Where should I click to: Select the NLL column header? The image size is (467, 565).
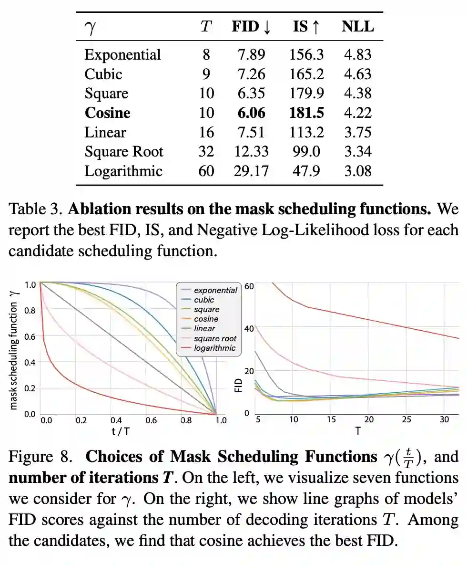pos(358,27)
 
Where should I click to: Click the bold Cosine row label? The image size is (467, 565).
pos(107,113)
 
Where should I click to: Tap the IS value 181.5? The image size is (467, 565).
pos(306,113)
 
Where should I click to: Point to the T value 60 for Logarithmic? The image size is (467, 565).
pos(206,171)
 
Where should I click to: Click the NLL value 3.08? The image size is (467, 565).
pos(358,171)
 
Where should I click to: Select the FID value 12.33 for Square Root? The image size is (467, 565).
pos(251,152)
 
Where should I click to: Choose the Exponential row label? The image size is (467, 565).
pos(122,55)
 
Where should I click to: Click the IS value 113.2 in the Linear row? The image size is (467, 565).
pos(306,132)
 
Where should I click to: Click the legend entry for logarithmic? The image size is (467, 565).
pos(214,348)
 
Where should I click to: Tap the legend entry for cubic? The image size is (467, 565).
pos(204,300)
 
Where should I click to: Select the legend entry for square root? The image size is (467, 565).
pos(215,338)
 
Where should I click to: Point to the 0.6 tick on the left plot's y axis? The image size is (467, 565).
pos(30,336)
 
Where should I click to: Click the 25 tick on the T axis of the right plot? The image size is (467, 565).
pos(406,419)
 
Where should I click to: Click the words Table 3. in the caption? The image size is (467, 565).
pos(36,209)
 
